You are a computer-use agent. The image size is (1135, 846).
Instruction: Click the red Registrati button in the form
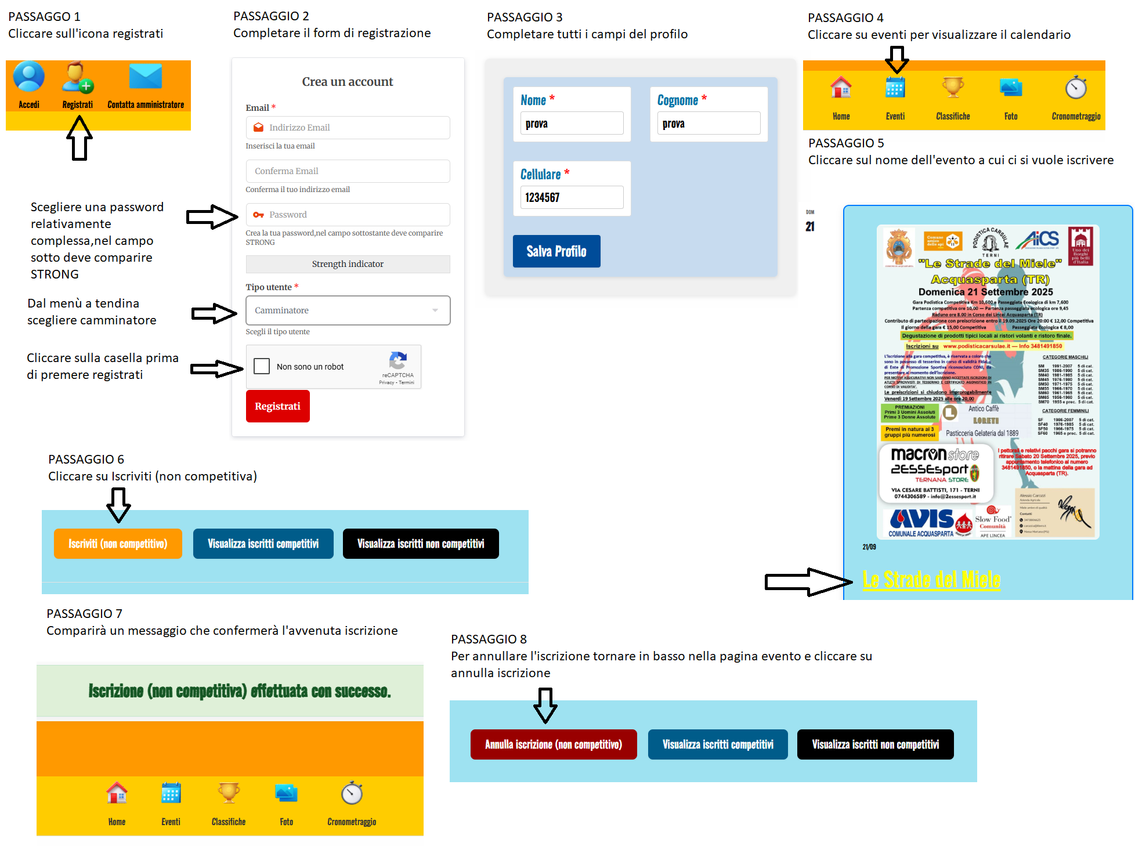pyautogui.click(x=277, y=406)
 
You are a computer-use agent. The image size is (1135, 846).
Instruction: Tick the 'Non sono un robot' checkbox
pyautogui.click(x=262, y=366)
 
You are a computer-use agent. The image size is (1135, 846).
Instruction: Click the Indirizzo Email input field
pyautogui.click(x=348, y=128)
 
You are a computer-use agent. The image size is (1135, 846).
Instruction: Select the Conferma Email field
pyautogui.click(x=348, y=171)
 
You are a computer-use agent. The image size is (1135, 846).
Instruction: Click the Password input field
pyautogui.click(x=348, y=215)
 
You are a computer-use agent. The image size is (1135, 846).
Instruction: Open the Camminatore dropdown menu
pyautogui.click(x=348, y=310)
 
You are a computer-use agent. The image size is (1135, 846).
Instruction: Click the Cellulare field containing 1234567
pyautogui.click(x=572, y=197)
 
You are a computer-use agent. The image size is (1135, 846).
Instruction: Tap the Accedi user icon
pyautogui.click(x=28, y=78)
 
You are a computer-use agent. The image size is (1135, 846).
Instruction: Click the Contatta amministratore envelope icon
pyautogui.click(x=146, y=77)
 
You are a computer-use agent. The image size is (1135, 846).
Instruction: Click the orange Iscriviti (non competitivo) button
pyautogui.click(x=118, y=544)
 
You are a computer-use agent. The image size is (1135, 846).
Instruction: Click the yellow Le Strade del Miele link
pyautogui.click(x=931, y=580)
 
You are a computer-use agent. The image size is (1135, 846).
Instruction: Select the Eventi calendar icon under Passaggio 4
pyautogui.click(x=895, y=89)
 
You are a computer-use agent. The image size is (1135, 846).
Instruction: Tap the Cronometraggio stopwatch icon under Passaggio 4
pyautogui.click(x=1076, y=88)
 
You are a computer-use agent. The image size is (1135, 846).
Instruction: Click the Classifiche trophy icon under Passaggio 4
pyautogui.click(x=953, y=88)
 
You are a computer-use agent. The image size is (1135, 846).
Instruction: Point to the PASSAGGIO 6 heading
pyautogui.click(x=86, y=459)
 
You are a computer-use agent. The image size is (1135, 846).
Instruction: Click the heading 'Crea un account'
pyautogui.click(x=347, y=82)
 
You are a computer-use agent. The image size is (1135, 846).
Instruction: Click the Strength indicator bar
pyautogui.click(x=348, y=264)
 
